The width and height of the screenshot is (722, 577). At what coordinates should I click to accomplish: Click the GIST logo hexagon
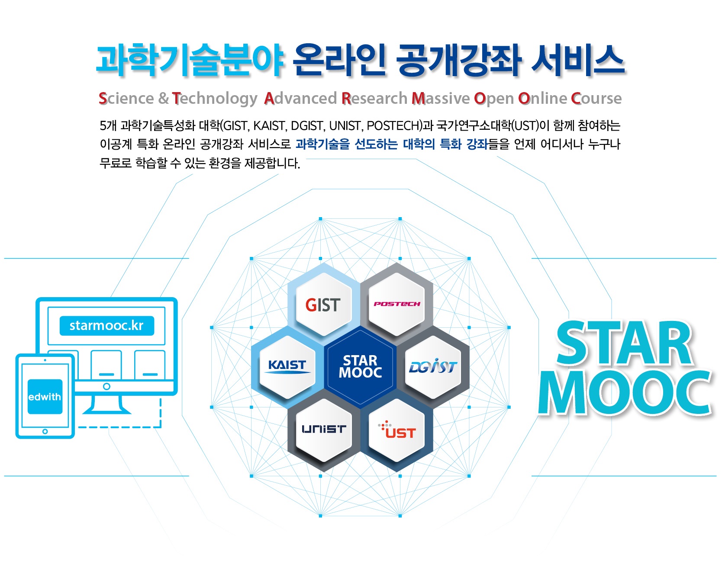point(323,305)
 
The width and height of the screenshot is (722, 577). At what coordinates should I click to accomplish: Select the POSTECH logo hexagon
point(397,304)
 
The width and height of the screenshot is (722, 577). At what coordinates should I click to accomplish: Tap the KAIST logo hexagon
point(287,367)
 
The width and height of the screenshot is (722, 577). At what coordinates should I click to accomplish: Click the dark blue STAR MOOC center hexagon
point(360,367)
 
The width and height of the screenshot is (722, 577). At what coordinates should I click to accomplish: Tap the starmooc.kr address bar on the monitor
point(106,325)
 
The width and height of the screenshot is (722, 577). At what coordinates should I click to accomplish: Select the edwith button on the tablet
point(45,397)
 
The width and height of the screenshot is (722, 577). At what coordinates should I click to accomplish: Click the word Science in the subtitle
point(126,99)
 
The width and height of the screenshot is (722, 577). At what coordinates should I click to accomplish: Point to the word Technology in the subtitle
point(215,99)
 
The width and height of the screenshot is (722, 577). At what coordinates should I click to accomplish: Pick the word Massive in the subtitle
point(441,99)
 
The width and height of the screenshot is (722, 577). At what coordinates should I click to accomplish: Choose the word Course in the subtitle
point(596,99)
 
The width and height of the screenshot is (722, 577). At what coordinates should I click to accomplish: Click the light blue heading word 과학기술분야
point(190,61)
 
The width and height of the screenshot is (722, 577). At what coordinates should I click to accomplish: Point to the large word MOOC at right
point(625,393)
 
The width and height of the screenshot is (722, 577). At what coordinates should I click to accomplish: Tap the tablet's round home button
point(45,432)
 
